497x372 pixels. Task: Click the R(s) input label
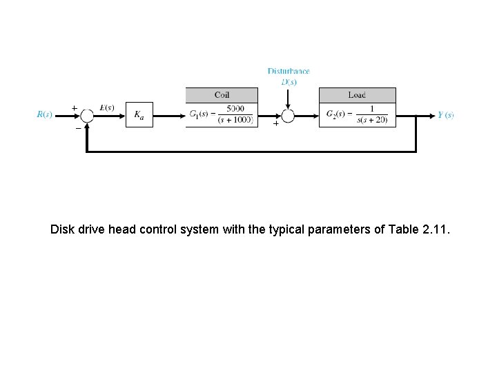pyautogui.click(x=44, y=115)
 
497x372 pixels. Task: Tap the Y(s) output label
pyautogui.click(x=445, y=115)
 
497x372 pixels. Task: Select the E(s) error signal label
pyautogui.click(x=107, y=107)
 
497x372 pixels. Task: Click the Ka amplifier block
pyautogui.click(x=139, y=115)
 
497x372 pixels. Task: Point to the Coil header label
pyautogui.click(x=222, y=95)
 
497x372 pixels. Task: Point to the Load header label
pyautogui.click(x=357, y=95)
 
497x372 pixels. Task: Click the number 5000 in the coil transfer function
pyautogui.click(x=235, y=109)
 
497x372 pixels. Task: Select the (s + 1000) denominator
pyautogui.click(x=235, y=120)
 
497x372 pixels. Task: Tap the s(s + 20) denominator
pyautogui.click(x=373, y=120)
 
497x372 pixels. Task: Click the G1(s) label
pyautogui.click(x=200, y=114)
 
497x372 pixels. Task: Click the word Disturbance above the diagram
pyautogui.click(x=289, y=71)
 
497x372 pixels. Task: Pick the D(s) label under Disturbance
pyautogui.click(x=289, y=81)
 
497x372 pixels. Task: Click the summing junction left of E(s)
pyautogui.click(x=87, y=115)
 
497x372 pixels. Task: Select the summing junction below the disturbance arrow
pyautogui.click(x=288, y=116)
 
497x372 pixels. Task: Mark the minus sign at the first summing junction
pyautogui.click(x=77, y=127)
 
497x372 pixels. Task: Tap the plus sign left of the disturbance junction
pyautogui.click(x=276, y=124)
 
